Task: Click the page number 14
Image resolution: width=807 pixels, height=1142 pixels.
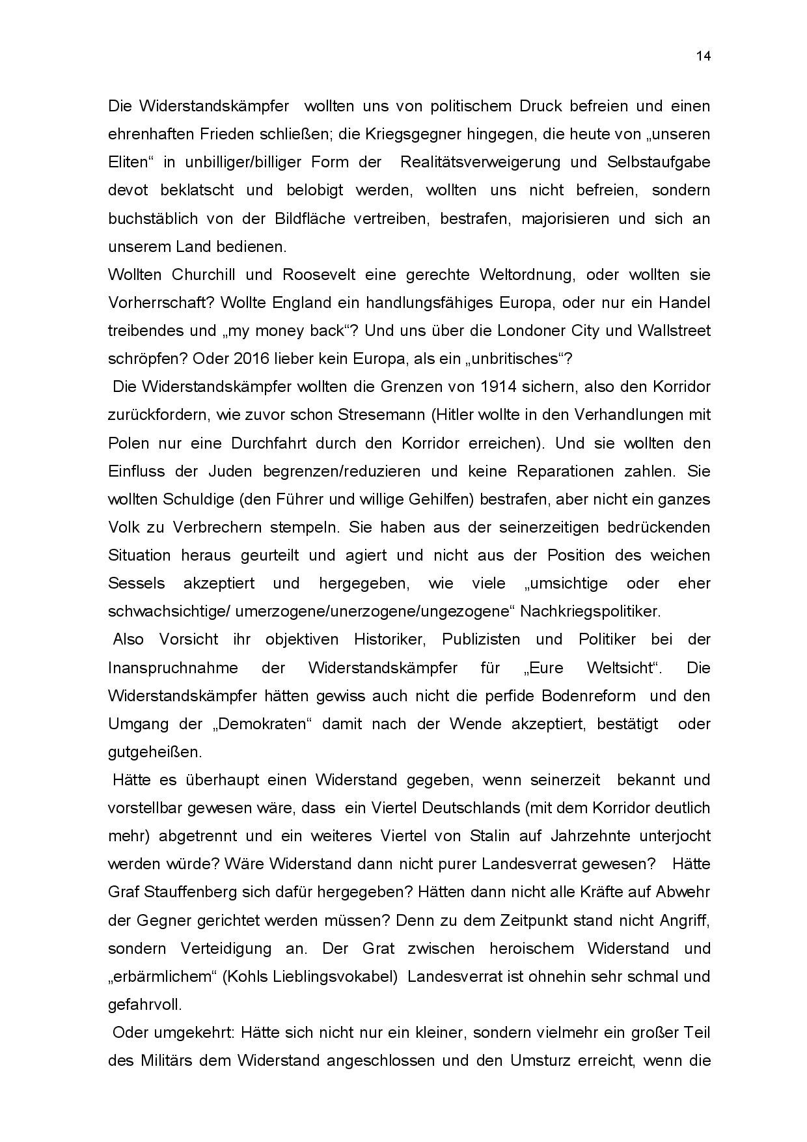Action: click(x=703, y=56)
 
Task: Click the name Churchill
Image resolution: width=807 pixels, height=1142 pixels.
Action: click(x=202, y=275)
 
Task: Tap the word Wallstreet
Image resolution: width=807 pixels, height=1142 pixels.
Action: click(x=674, y=331)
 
